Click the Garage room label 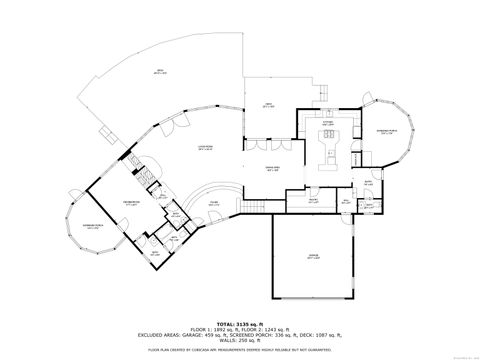(x=312, y=257)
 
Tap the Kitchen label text (x=326, y=124)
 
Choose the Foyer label (x=214, y=204)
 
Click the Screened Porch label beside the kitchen (x=385, y=132)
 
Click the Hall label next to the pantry (x=344, y=200)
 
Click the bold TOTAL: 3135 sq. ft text (x=239, y=324)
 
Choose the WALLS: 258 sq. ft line (x=239, y=342)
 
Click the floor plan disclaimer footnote (x=239, y=350)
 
